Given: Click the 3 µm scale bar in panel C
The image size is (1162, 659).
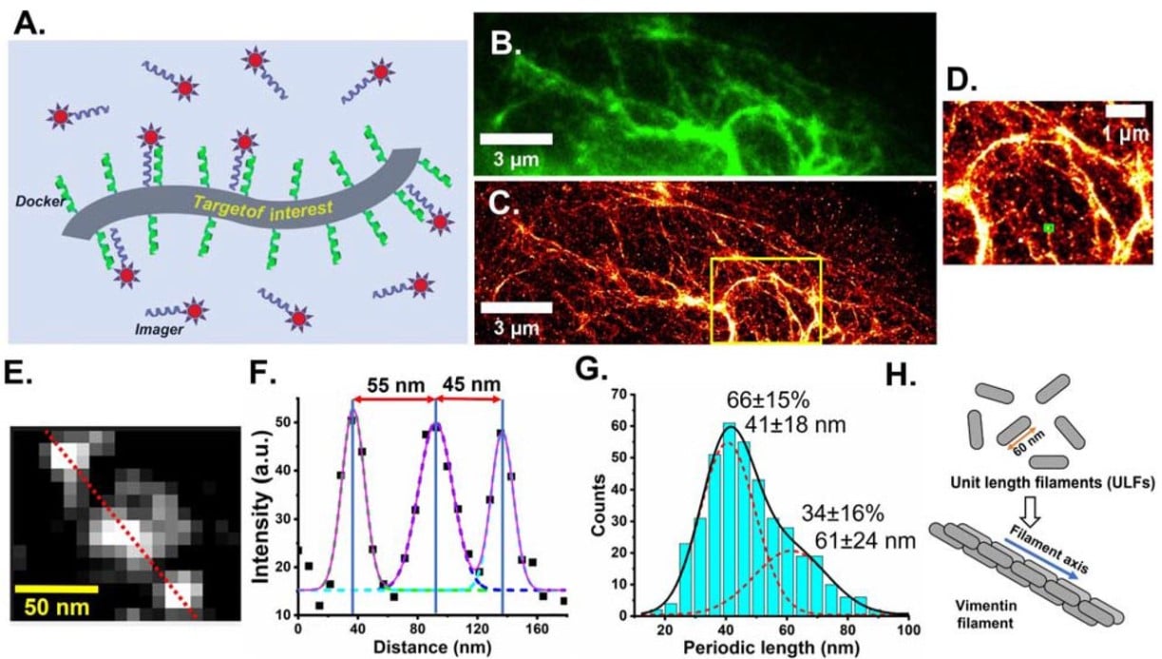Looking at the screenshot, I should pos(516,307).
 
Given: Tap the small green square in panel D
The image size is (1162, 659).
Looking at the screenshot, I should pos(1048,227).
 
